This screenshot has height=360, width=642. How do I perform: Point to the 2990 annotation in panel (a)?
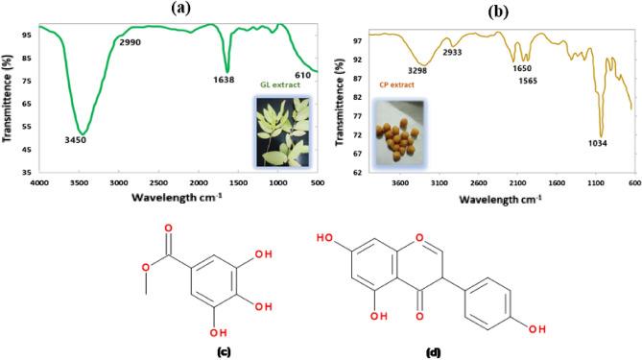point(131,43)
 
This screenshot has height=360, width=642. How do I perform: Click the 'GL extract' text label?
point(274,84)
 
